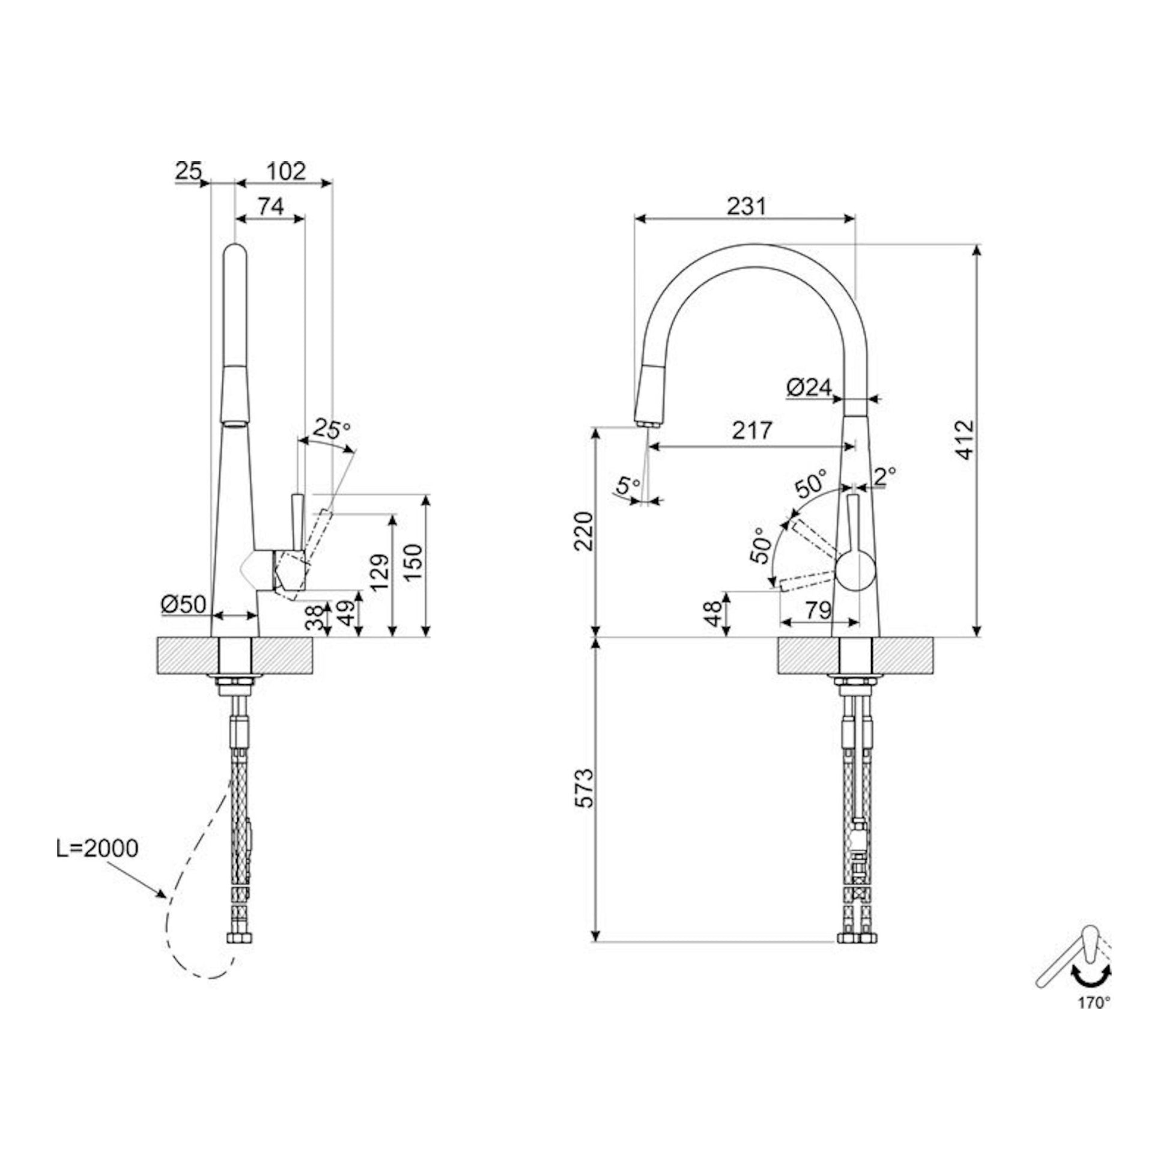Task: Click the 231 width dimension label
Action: point(746,207)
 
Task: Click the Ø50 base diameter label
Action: point(184,603)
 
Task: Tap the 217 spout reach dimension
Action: point(753,430)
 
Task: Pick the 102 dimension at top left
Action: point(285,172)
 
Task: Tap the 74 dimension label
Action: point(271,207)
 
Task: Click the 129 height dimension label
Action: point(379,572)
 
